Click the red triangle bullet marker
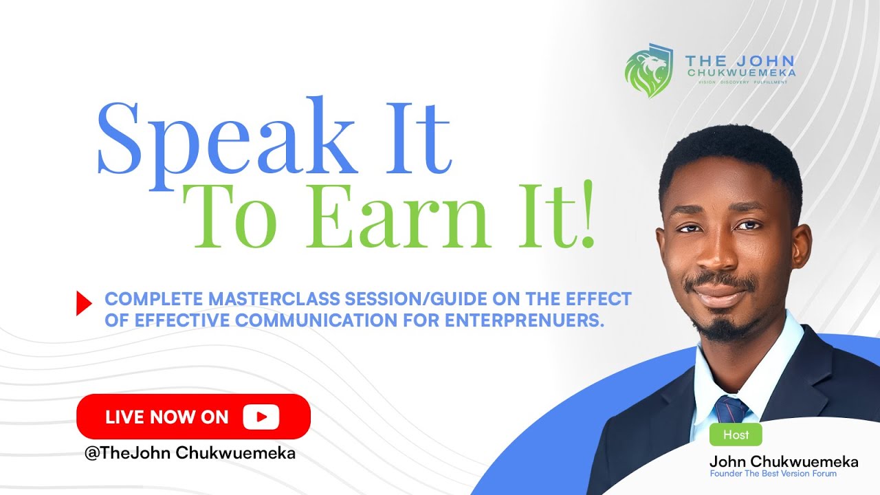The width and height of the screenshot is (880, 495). (84, 303)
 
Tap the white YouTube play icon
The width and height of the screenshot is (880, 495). (261, 417)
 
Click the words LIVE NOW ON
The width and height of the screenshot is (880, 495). (166, 417)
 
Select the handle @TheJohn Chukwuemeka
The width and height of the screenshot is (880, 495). (189, 454)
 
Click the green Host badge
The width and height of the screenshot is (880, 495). (736, 434)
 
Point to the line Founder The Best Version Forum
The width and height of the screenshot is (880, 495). (773, 474)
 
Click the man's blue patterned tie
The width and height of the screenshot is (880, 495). (729, 409)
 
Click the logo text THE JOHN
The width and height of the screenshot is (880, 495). (740, 60)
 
